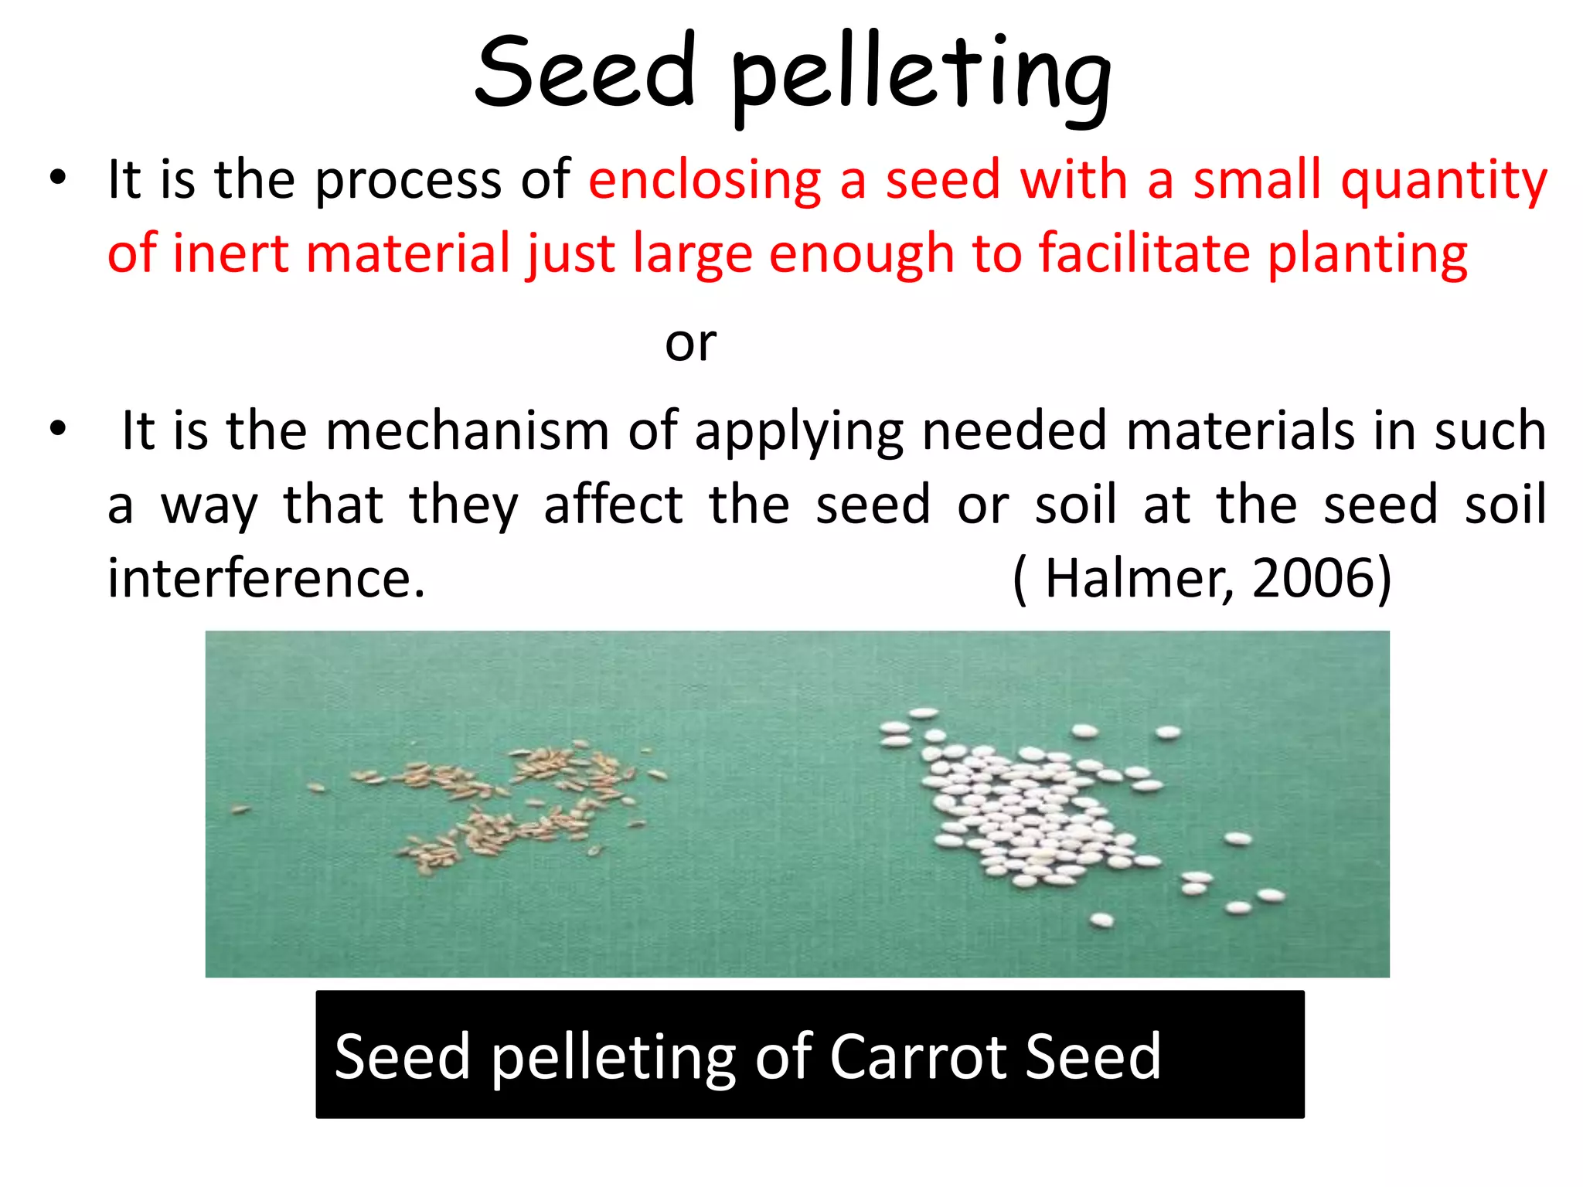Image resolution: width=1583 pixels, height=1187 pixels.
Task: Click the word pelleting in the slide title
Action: point(920,77)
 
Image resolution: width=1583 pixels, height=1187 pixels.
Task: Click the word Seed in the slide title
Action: point(585,71)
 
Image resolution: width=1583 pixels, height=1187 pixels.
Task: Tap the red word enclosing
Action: point(704,180)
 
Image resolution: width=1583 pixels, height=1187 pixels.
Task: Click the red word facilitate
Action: point(1144,253)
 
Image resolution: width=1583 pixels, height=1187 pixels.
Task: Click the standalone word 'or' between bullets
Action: point(690,343)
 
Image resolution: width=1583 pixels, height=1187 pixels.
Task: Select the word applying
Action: point(799,432)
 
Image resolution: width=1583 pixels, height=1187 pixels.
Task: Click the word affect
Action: point(613,505)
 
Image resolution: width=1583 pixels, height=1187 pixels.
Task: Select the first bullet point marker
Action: point(57,179)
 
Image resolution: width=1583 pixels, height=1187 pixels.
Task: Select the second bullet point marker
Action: point(57,429)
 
